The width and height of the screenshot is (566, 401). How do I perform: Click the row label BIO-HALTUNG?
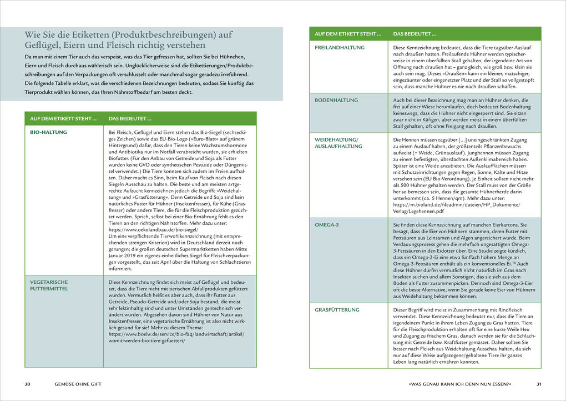click(x=48, y=132)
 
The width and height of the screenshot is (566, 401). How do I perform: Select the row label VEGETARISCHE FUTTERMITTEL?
click(x=49, y=285)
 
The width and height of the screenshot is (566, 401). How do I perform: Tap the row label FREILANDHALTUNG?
click(x=340, y=48)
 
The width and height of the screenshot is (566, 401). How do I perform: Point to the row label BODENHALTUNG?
click(x=336, y=100)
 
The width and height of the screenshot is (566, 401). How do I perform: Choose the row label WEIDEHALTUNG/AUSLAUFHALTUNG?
click(x=338, y=142)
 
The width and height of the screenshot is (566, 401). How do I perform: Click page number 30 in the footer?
click(x=28, y=384)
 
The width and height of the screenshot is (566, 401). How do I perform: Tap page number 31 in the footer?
click(x=538, y=384)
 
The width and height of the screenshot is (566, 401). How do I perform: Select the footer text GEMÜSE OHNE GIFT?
click(x=78, y=384)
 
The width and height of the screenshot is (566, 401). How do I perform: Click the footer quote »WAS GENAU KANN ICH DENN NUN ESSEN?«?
click(x=459, y=384)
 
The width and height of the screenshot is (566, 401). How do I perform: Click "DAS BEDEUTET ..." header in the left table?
click(x=130, y=118)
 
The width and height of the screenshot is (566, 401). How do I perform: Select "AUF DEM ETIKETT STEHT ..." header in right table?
click(x=348, y=34)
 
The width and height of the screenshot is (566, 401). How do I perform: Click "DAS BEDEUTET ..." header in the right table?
click(x=415, y=34)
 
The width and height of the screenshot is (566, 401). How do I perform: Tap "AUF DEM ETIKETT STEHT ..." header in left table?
click(x=63, y=118)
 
